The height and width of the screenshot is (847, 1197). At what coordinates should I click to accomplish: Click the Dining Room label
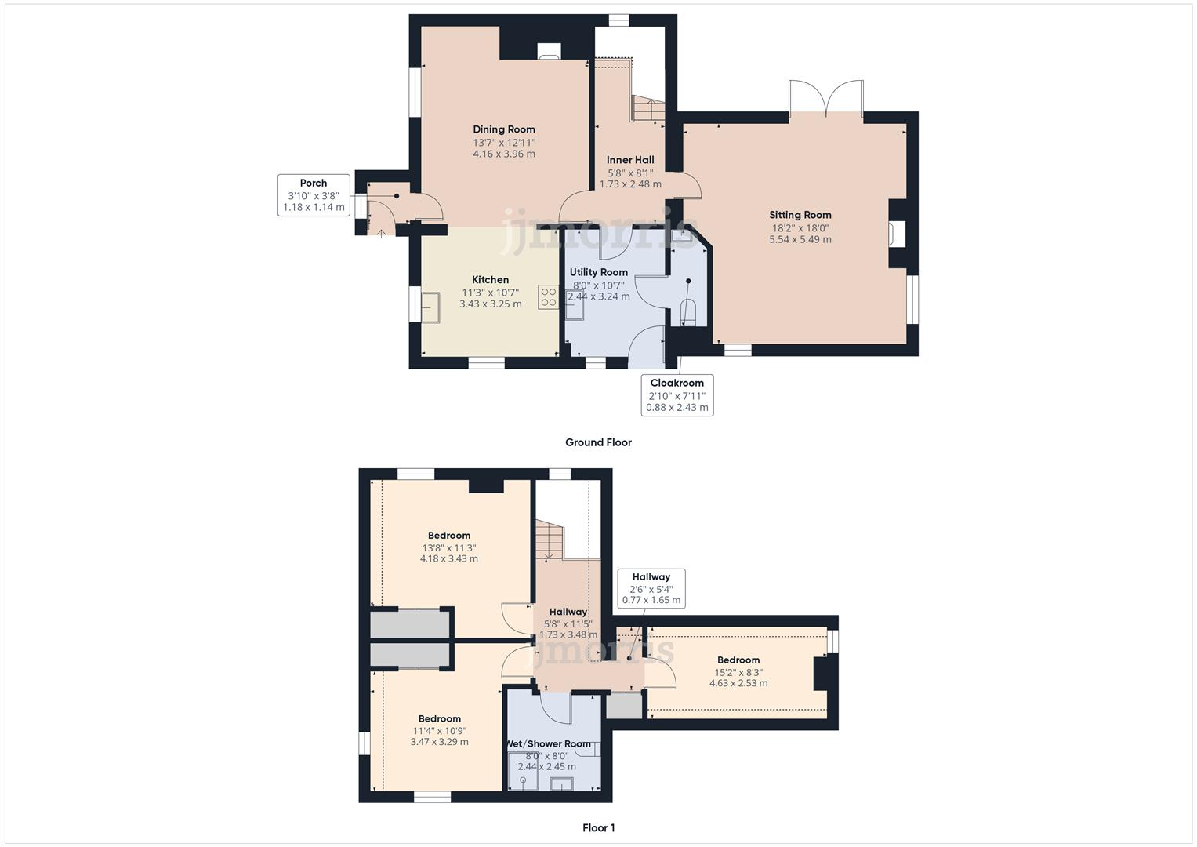[x=504, y=129]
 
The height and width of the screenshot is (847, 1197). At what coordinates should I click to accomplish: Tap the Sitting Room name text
[x=800, y=215]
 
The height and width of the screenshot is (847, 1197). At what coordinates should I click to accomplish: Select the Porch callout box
[x=314, y=195]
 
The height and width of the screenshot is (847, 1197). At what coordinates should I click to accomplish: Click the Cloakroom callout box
[x=676, y=395]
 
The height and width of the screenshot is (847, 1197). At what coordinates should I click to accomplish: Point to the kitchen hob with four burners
[x=548, y=297]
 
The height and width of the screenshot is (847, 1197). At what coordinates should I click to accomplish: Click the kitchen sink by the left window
[x=430, y=307]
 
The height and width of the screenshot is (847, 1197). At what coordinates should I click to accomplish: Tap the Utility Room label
[x=598, y=272]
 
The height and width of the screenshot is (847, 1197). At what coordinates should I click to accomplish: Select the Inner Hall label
[x=630, y=160]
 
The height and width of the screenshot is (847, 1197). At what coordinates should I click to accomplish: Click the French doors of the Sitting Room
[x=826, y=100]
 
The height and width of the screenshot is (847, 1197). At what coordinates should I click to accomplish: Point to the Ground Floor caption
[x=598, y=442]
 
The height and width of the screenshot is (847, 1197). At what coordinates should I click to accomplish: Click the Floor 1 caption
[x=598, y=827]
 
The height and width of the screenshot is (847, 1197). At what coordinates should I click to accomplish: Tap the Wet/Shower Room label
[x=548, y=743]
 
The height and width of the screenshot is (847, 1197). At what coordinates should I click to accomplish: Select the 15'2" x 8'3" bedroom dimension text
[x=738, y=672]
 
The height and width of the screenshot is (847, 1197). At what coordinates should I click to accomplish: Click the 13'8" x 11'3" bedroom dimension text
[x=449, y=548]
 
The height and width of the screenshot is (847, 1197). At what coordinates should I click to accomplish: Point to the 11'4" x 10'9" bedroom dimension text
[x=439, y=731]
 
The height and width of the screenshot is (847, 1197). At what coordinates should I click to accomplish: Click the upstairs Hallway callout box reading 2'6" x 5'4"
[x=651, y=588]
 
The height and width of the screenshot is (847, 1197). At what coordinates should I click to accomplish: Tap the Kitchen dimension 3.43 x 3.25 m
[x=490, y=304]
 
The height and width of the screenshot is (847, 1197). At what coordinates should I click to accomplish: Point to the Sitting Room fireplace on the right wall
[x=898, y=234]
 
